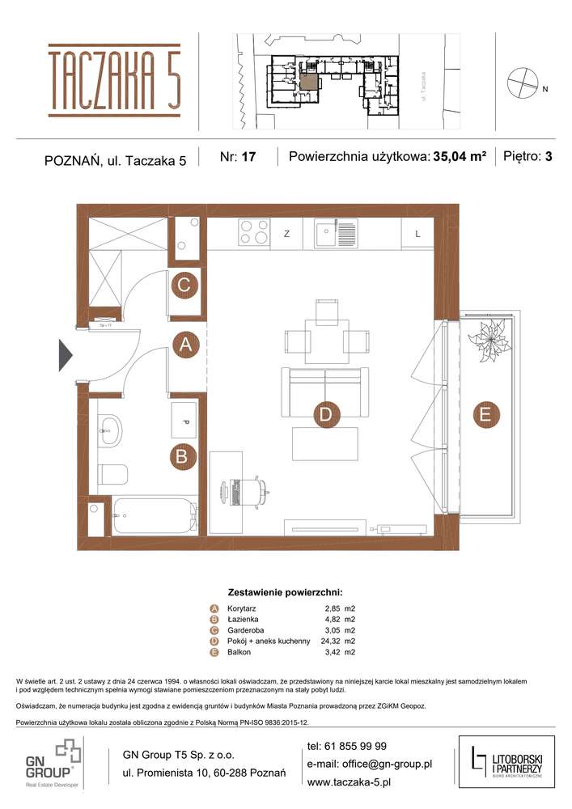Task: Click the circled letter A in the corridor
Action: click(186, 345)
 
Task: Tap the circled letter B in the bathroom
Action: click(183, 456)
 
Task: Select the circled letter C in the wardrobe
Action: click(184, 285)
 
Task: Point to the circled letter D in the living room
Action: click(324, 415)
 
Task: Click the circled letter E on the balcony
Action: click(485, 413)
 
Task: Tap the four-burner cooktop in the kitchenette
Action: click(254, 234)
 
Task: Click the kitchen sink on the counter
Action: click(335, 234)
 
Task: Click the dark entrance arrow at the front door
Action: click(66, 355)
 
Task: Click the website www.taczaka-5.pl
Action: click(349, 782)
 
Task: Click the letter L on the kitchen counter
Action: click(417, 234)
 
